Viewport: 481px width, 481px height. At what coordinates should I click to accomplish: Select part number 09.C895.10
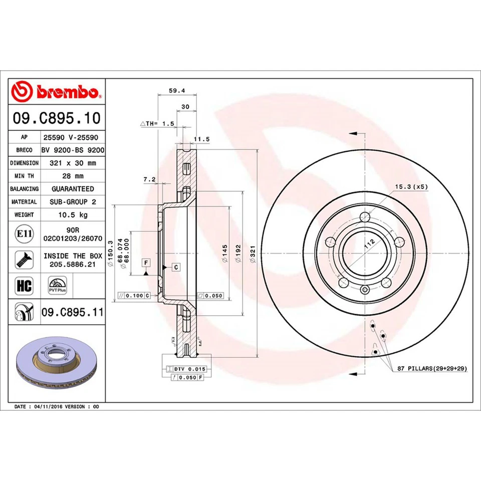57,119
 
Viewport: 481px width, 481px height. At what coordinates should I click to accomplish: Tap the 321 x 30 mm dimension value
73,163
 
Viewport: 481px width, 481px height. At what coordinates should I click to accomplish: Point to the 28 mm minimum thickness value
73,176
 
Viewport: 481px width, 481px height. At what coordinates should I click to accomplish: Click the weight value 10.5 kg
73,214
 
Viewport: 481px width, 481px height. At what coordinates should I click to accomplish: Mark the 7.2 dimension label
149,179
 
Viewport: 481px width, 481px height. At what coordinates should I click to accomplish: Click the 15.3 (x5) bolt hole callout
411,186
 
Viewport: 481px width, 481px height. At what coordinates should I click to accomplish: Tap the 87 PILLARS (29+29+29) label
431,368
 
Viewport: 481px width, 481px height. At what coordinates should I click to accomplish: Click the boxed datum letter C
176,267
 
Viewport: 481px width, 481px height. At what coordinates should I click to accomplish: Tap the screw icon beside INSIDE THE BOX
23,259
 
